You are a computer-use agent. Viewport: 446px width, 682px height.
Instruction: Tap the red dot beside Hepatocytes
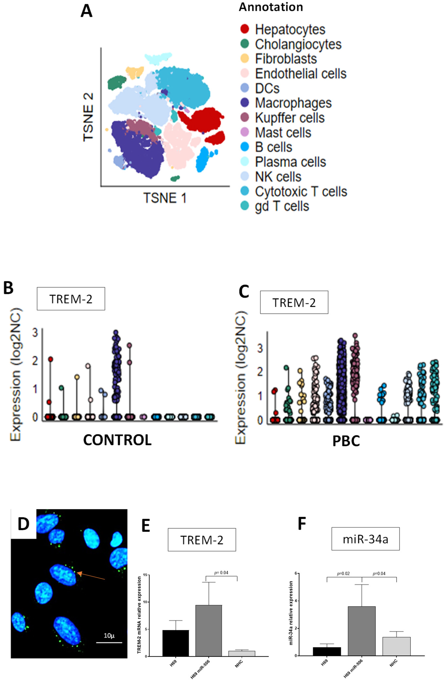pos(244,29)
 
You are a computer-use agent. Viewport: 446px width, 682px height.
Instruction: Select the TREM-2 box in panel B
pos(71,299)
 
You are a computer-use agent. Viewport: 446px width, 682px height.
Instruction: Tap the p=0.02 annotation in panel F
pos(343,574)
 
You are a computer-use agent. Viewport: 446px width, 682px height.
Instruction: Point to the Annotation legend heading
pos(271,7)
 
